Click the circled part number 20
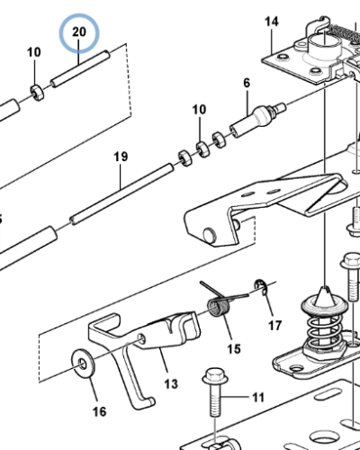79,31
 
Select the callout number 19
121,157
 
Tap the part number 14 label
272,22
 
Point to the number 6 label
247,83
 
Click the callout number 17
274,326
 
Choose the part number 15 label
234,349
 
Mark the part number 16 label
99,411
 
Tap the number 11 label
258,398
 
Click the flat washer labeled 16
83,363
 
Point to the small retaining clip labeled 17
259,286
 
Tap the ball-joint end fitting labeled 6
258,119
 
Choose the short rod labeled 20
80,68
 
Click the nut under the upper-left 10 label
37,93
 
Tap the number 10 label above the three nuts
199,110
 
